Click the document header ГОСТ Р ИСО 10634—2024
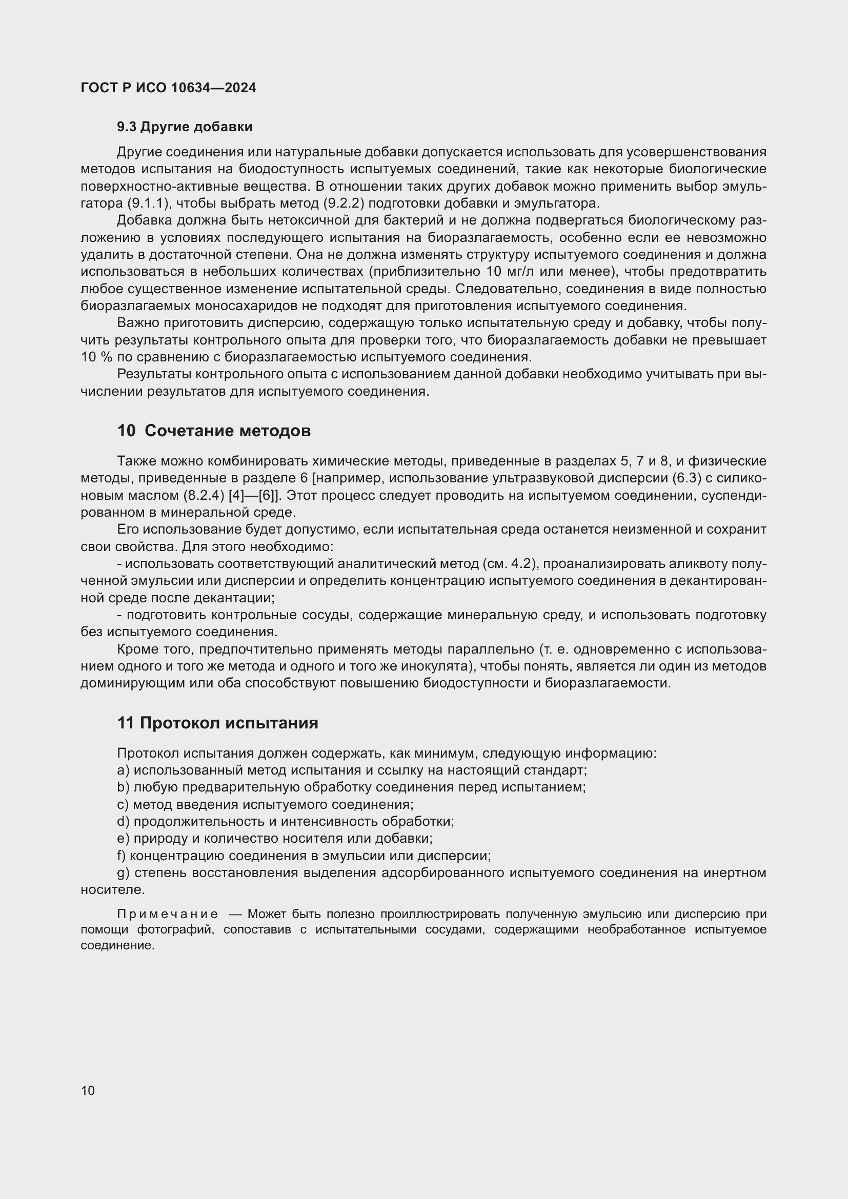point(168,88)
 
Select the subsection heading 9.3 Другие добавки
point(185,127)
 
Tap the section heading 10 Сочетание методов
point(214,431)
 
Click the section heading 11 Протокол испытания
point(217,723)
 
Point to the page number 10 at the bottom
point(88,1090)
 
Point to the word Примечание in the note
point(167,914)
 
